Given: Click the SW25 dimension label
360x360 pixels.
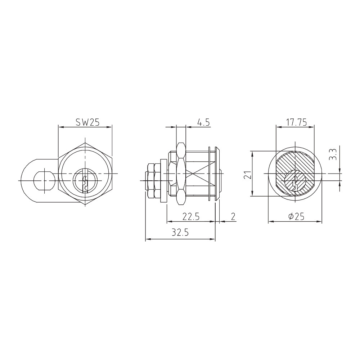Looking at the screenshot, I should tap(87, 122).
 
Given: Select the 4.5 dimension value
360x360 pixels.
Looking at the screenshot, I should tap(203, 122).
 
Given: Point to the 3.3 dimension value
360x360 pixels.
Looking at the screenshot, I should tap(333, 154).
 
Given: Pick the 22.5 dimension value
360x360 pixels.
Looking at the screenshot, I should tap(191, 217).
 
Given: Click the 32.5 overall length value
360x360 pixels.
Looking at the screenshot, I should tap(180, 233).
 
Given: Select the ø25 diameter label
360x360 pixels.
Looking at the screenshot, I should tap(296, 217).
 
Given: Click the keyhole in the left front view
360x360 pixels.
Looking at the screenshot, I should tap(85, 182).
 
